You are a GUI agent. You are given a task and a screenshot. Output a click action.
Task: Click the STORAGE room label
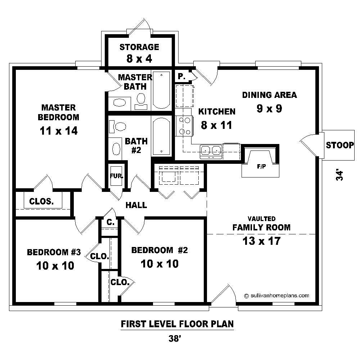click(139, 47)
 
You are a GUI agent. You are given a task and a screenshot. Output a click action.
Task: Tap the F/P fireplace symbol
click(261, 166)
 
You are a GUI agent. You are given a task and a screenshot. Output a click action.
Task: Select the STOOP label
click(339, 145)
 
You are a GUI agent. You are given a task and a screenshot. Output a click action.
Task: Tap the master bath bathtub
click(161, 90)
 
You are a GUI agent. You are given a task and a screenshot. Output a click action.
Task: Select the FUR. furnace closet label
click(117, 176)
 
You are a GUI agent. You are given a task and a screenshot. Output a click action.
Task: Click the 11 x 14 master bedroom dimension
click(59, 130)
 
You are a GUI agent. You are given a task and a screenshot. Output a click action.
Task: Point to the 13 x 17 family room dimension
click(261, 241)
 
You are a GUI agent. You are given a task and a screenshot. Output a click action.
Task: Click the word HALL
click(136, 205)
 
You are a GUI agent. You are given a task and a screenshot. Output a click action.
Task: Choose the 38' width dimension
click(176, 338)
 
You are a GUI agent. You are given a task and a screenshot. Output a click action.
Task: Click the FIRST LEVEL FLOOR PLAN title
click(177, 324)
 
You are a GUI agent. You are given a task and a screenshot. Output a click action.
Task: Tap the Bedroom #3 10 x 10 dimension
click(55, 266)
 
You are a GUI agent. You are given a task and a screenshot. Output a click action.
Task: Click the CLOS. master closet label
click(41, 201)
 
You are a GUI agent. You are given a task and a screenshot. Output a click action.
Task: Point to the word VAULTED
click(261, 219)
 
